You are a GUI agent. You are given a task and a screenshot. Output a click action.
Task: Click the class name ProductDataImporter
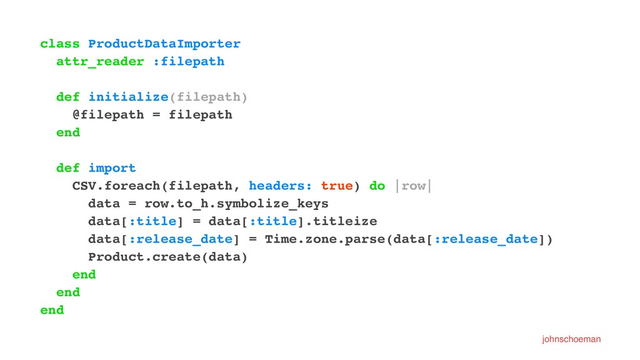[164, 44]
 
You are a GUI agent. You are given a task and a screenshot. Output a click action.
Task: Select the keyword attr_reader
[100, 61]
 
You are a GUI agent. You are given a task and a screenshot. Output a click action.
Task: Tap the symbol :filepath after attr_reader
[189, 61]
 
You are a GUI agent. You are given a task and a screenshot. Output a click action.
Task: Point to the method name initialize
[128, 97]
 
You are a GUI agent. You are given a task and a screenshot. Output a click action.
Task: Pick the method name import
[112, 168]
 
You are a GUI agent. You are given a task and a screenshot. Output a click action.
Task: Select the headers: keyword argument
[281, 186]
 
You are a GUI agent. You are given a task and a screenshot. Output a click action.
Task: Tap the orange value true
[336, 186]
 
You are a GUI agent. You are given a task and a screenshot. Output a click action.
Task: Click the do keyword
[377, 186]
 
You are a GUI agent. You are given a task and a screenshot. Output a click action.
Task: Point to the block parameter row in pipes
[413, 186]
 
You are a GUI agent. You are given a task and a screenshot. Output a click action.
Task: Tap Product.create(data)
[168, 257]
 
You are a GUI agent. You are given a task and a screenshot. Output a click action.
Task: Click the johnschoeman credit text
[571, 339]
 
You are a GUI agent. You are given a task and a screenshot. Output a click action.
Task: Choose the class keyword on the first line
[60, 44]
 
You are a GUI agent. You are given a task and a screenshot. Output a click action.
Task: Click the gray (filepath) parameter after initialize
[209, 97]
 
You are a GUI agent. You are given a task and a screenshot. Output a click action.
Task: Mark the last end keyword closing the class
[52, 310]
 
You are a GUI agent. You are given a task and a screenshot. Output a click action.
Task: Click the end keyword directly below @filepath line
[68, 132]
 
